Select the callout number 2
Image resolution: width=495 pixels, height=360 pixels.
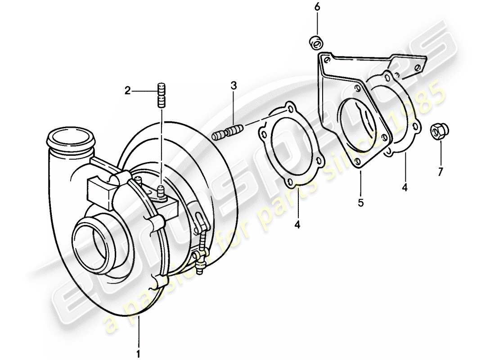tap(128, 91)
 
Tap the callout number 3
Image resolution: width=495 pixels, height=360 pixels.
tap(233, 85)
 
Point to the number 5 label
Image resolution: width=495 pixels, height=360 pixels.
tap(360, 203)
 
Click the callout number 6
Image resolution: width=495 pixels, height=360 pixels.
tap(317, 7)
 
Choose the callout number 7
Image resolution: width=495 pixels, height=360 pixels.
tap(441, 171)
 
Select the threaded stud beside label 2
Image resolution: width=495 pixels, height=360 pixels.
tap(162, 95)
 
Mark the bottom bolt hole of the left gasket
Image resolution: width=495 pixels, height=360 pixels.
tap(290, 182)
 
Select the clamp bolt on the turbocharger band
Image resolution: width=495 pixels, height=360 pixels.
tap(200, 256)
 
